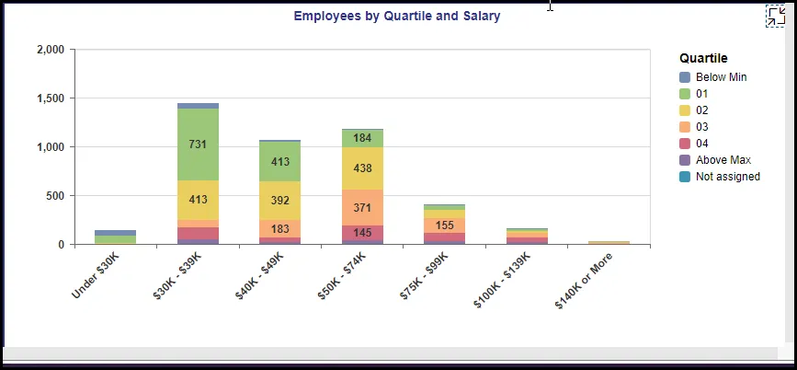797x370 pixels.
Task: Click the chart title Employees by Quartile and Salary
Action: (396, 16)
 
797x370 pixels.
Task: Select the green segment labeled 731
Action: (198, 145)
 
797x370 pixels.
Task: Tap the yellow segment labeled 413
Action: (198, 199)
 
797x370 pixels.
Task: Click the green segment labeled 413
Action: (279, 161)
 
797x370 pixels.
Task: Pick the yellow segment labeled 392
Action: (279, 200)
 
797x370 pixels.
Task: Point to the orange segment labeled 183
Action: (279, 228)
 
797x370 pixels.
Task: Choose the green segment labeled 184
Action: (362, 138)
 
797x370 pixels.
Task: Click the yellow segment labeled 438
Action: (362, 168)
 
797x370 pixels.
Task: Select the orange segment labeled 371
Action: (362, 208)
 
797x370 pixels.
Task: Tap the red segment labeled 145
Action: (362, 233)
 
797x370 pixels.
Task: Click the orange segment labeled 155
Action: (444, 225)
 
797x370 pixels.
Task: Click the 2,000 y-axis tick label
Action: (49, 50)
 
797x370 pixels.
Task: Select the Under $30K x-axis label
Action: (96, 273)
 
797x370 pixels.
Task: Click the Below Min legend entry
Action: (721, 77)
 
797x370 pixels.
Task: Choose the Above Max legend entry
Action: (723, 160)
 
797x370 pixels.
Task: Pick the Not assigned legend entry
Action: (727, 177)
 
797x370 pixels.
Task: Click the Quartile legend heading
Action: (703, 58)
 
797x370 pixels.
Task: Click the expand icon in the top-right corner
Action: (775, 16)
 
